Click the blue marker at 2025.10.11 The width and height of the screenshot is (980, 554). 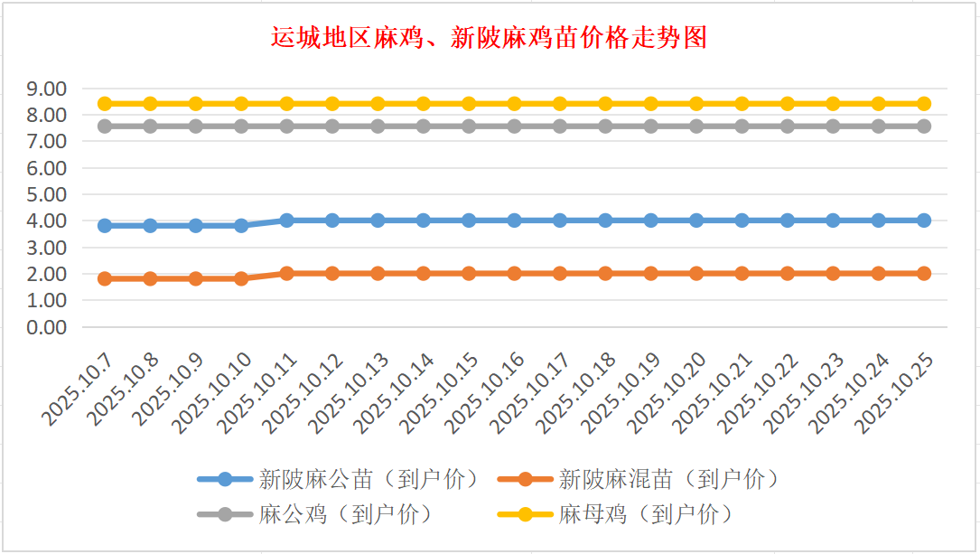287,221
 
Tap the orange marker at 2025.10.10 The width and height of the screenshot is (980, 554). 241,278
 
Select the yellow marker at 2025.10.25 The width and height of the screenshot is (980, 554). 924,104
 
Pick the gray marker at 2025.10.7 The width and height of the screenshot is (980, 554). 105,127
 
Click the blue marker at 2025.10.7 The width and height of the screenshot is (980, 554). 105,226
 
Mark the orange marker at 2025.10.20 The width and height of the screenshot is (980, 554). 696,273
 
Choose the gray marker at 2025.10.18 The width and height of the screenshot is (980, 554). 605,127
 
